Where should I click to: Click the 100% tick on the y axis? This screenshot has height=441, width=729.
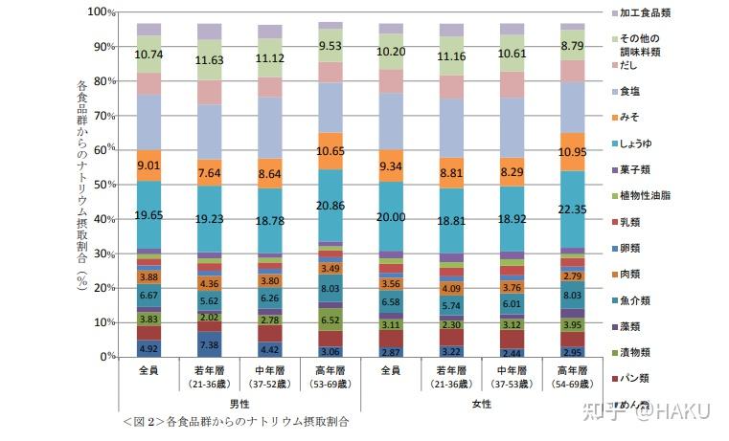click(x=101, y=12)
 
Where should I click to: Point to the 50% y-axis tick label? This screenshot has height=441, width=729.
click(x=103, y=184)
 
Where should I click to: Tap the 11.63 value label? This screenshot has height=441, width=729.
click(x=209, y=60)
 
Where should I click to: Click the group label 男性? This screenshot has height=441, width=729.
click(x=239, y=405)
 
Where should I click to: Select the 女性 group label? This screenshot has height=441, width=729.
click(x=480, y=405)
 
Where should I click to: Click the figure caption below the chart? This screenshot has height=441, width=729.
click(x=235, y=420)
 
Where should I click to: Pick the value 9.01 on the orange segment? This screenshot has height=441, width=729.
click(x=148, y=165)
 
